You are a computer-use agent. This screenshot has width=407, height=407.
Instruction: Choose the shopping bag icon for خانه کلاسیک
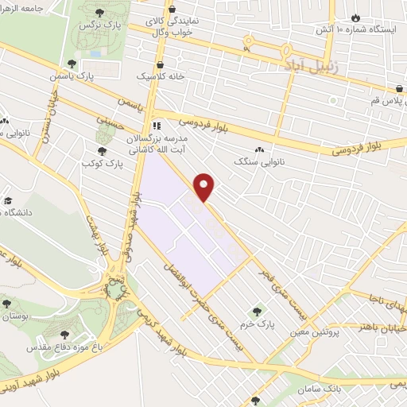[161, 66]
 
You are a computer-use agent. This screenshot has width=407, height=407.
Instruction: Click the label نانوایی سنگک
[259, 161]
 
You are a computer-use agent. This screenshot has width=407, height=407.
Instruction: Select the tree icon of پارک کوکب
[102, 149]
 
